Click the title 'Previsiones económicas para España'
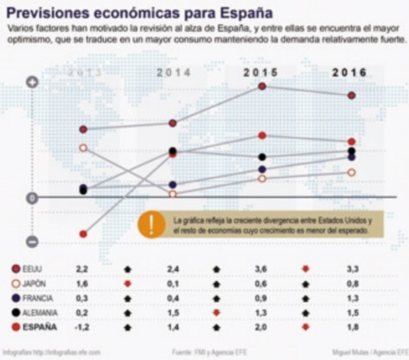point(138,12)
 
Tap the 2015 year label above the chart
point(260,73)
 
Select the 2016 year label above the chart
point(350,73)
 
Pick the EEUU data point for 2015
point(262,87)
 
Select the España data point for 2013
point(83,234)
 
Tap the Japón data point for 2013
point(83,148)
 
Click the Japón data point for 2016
point(351,173)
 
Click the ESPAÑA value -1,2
point(82,327)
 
